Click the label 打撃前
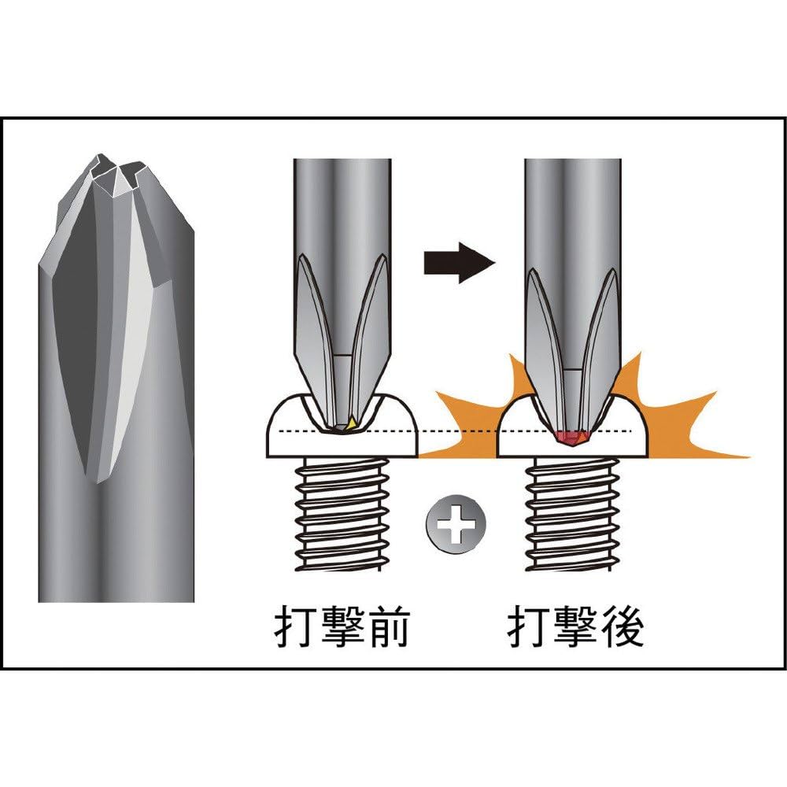342,626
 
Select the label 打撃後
575,626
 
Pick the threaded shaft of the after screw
572,515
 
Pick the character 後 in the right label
622,626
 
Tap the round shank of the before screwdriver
342,205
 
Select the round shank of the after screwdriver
572,205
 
